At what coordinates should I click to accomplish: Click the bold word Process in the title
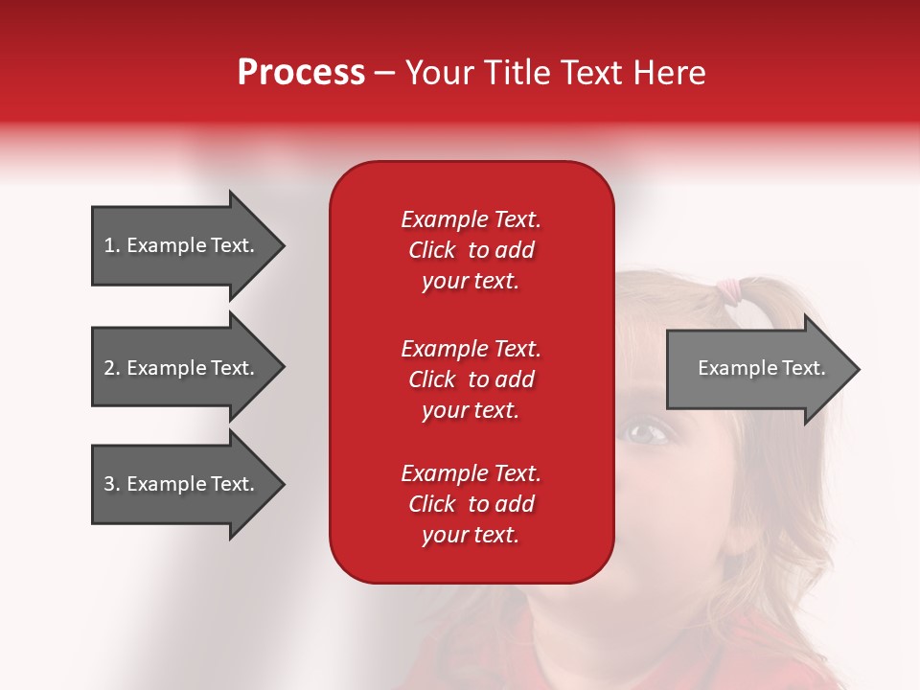click(302, 72)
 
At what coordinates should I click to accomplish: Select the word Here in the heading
click(669, 72)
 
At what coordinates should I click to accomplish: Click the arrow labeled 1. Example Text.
click(188, 245)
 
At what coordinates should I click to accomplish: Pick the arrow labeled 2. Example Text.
click(188, 367)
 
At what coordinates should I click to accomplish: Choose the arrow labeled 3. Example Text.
click(188, 484)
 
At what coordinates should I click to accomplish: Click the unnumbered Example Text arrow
click(763, 369)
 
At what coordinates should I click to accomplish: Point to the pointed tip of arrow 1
click(286, 245)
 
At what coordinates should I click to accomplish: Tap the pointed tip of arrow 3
click(286, 484)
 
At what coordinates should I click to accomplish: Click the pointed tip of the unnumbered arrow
click(860, 369)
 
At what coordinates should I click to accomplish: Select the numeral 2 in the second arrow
click(109, 368)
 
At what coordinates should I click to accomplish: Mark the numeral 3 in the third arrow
click(109, 484)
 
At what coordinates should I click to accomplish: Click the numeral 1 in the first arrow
click(109, 245)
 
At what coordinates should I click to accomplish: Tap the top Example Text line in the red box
click(471, 219)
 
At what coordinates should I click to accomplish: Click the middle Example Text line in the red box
click(471, 349)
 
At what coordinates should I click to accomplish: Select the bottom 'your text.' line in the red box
click(471, 535)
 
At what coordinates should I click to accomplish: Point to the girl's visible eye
click(645, 434)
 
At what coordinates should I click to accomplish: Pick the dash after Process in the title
click(385, 75)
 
